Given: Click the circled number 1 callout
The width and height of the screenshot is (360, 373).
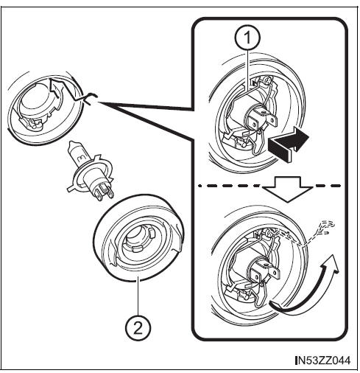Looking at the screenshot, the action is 247,38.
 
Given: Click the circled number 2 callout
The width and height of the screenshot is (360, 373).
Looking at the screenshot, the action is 138,327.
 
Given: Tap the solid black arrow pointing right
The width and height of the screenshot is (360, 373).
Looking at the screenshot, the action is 289,143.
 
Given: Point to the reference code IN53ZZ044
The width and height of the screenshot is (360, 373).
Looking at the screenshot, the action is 323,360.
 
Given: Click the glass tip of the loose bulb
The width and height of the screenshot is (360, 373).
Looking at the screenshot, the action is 73,148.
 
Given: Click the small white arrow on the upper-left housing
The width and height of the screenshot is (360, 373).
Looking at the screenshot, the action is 57,94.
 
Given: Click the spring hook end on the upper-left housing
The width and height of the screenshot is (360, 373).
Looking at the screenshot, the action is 91,98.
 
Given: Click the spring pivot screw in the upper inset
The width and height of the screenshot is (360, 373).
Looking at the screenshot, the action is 269,80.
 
